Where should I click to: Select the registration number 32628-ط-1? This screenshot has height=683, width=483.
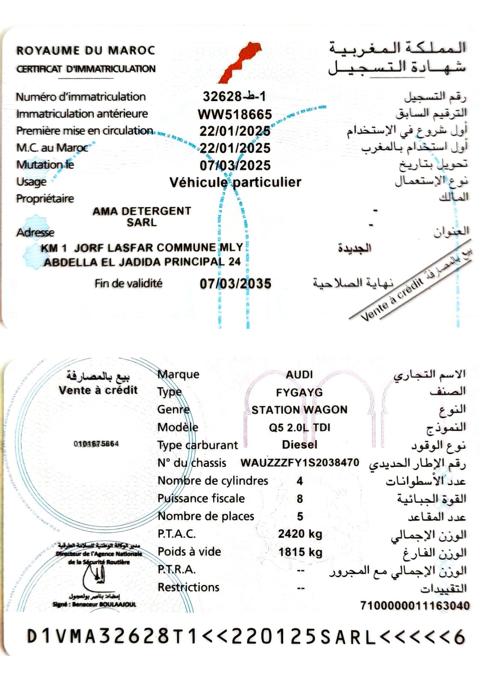[x=234, y=97]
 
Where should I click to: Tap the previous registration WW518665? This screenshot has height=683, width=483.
[x=234, y=114]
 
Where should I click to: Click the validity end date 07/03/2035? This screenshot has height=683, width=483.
[x=235, y=284]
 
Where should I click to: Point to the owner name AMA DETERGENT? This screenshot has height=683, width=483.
[x=142, y=211]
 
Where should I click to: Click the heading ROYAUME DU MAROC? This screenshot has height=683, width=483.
[x=85, y=50]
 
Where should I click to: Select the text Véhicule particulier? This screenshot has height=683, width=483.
[x=235, y=182]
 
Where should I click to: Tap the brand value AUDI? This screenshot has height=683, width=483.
[x=299, y=375]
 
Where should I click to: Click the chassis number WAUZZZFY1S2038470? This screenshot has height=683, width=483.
[x=300, y=463]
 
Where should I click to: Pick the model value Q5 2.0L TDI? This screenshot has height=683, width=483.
[x=300, y=428]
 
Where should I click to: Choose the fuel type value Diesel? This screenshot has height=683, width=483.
[x=300, y=445]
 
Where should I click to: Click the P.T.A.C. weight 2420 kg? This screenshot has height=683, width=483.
[x=300, y=534]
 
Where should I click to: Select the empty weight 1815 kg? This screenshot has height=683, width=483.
[x=300, y=552]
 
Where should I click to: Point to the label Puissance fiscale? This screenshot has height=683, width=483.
[x=201, y=498]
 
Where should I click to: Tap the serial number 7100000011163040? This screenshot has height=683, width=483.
[x=415, y=606]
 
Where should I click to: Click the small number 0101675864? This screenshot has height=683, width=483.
[x=96, y=444]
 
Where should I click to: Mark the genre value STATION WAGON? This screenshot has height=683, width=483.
[x=299, y=410]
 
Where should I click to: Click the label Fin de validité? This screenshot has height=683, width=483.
[x=129, y=283]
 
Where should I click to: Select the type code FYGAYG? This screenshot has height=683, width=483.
[x=299, y=392]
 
